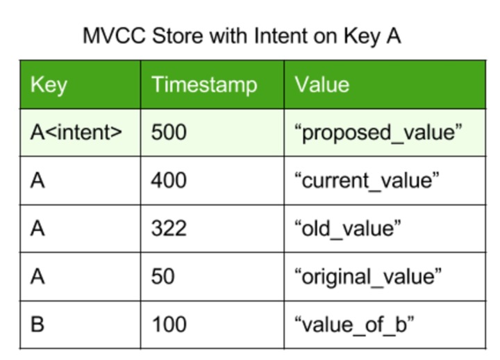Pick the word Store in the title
(178, 35)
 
